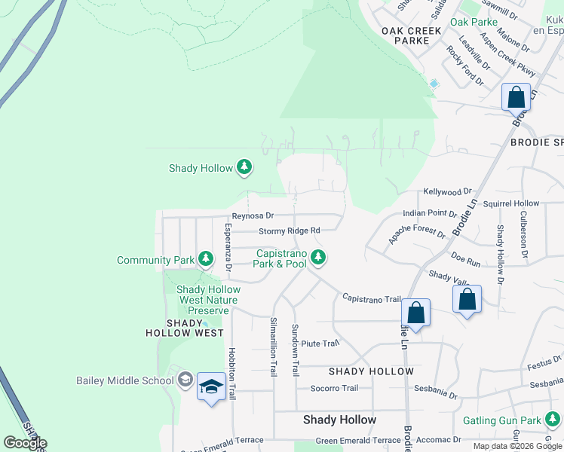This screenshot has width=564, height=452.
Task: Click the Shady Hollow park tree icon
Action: [244, 167]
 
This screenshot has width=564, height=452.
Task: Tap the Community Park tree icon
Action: [205, 260]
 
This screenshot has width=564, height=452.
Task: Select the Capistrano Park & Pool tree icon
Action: [319, 258]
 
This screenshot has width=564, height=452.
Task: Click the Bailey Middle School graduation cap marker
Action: [211, 387]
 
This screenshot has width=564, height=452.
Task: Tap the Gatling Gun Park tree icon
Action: [553, 419]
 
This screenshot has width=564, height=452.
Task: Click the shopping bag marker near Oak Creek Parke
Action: [516, 98]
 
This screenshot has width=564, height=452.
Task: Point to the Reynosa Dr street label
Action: [253, 216]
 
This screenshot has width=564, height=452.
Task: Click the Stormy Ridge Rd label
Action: [290, 231]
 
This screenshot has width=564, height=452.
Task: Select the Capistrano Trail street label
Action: [371, 298]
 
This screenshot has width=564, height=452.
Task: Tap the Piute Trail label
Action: [320, 344]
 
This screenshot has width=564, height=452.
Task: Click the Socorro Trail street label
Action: [334, 389]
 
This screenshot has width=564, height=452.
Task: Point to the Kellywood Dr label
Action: [446, 192]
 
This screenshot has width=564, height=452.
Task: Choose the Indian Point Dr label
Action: [430, 214]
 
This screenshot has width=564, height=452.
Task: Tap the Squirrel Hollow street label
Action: [511, 203]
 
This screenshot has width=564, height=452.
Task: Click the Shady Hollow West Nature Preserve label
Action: [207, 300]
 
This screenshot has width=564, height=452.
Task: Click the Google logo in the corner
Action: [25, 443]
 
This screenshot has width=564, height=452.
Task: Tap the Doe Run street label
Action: [465, 262]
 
